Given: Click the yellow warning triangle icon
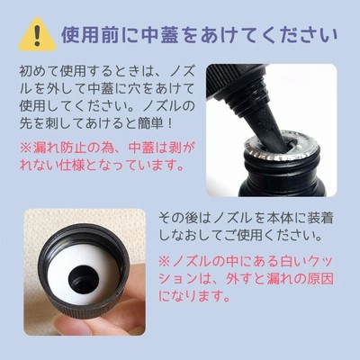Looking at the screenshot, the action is click(x=37, y=34).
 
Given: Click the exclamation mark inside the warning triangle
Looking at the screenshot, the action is click(x=37, y=35).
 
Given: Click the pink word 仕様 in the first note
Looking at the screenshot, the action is click(x=71, y=165).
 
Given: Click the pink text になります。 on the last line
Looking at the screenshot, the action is click(x=194, y=296).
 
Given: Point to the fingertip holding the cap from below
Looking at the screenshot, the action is click(x=72, y=326).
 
